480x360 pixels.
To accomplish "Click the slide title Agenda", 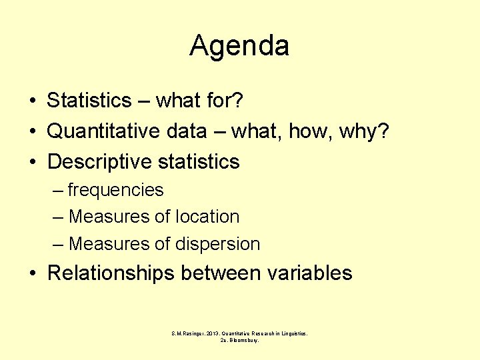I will (239, 46).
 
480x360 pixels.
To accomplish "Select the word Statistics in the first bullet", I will (89, 101).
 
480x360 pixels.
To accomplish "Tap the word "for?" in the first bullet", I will (225, 101).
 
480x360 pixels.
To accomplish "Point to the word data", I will (183, 131).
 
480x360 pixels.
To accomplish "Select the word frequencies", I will (115, 191).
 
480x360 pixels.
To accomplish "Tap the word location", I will (207, 217).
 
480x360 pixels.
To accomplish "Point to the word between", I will (221, 273).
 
